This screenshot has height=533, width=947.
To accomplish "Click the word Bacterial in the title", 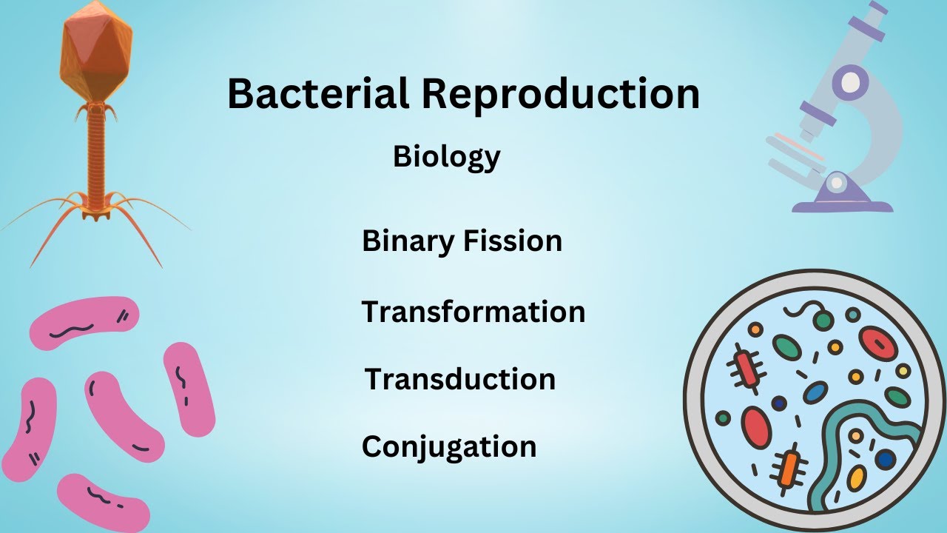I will point(319,95).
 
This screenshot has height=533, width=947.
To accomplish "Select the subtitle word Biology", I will point(446,157).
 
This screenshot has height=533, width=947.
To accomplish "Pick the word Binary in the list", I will point(406,242).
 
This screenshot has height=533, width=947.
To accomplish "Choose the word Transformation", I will point(473,312).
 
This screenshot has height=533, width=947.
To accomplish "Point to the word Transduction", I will point(459,379).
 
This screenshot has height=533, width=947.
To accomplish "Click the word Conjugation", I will point(448,446).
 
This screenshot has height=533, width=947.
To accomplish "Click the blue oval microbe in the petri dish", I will point(815,392).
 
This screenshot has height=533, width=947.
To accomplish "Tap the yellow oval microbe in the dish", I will point(856,478).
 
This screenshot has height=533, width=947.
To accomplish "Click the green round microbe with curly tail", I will point(823,320).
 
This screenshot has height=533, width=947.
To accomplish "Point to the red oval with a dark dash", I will point(878,343).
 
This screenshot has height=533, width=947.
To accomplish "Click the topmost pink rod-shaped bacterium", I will point(84,322).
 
